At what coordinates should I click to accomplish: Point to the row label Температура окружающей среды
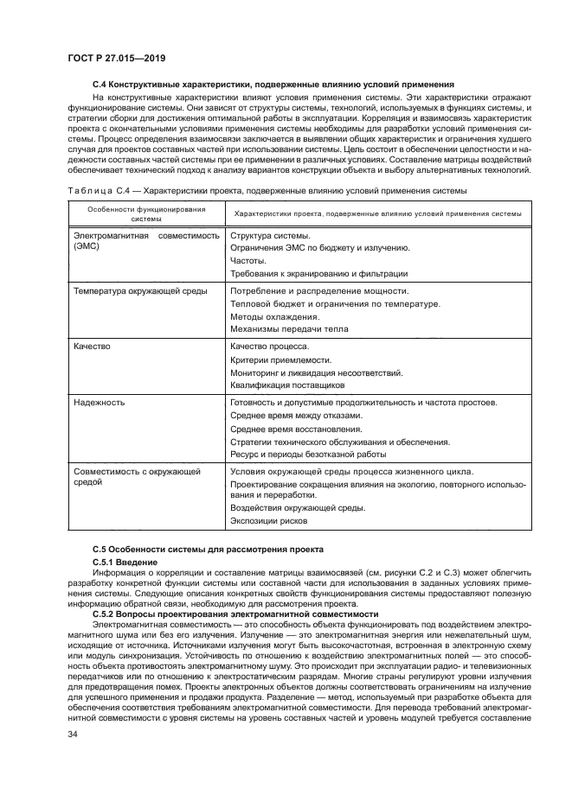(139, 291)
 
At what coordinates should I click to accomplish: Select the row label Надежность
(99, 402)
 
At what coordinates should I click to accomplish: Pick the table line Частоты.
(248, 260)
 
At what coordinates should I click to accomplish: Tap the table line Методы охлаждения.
(273, 316)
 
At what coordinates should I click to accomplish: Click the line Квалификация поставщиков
(281, 385)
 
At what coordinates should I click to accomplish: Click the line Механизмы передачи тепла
(288, 328)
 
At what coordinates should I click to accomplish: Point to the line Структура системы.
(270, 235)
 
